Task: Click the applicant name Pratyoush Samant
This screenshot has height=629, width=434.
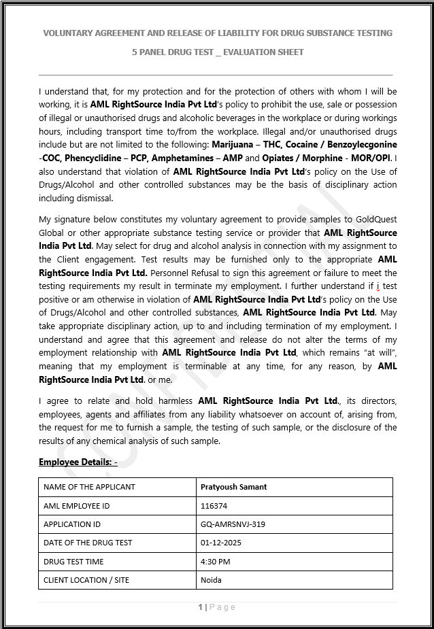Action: pyautogui.click(x=233, y=487)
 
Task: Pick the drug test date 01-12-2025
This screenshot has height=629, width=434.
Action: pyautogui.click(x=221, y=543)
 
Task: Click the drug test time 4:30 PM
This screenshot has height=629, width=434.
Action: pyautogui.click(x=216, y=562)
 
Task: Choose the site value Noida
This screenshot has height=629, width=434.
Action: pyautogui.click(x=211, y=580)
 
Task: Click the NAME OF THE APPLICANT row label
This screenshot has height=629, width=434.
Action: pyautogui.click(x=89, y=487)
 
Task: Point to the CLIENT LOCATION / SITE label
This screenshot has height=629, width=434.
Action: pyautogui.click(x=86, y=580)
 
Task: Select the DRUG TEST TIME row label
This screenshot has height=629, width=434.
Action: pyautogui.click(x=73, y=562)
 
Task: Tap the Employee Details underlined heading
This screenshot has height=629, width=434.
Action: pyautogui.click(x=78, y=462)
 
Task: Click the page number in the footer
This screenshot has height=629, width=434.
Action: pyautogui.click(x=201, y=607)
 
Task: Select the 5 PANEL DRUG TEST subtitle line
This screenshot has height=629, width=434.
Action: pyautogui.click(x=218, y=52)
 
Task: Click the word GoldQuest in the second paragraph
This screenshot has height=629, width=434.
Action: pyautogui.click(x=376, y=220)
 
